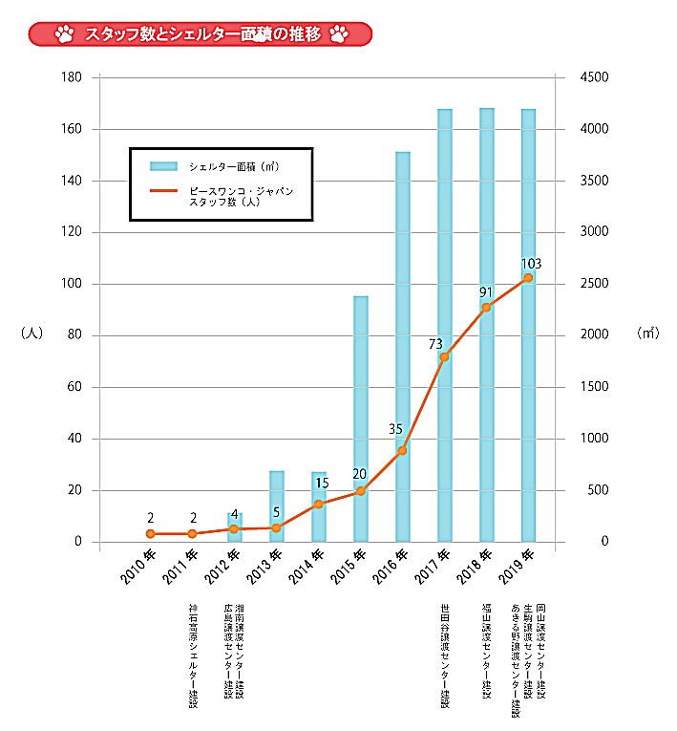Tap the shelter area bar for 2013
[277, 506]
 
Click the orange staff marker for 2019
[528, 278]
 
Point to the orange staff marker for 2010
[151, 534]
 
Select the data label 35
[396, 429]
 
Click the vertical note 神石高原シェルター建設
[193, 656]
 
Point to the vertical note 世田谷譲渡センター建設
[445, 656]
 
